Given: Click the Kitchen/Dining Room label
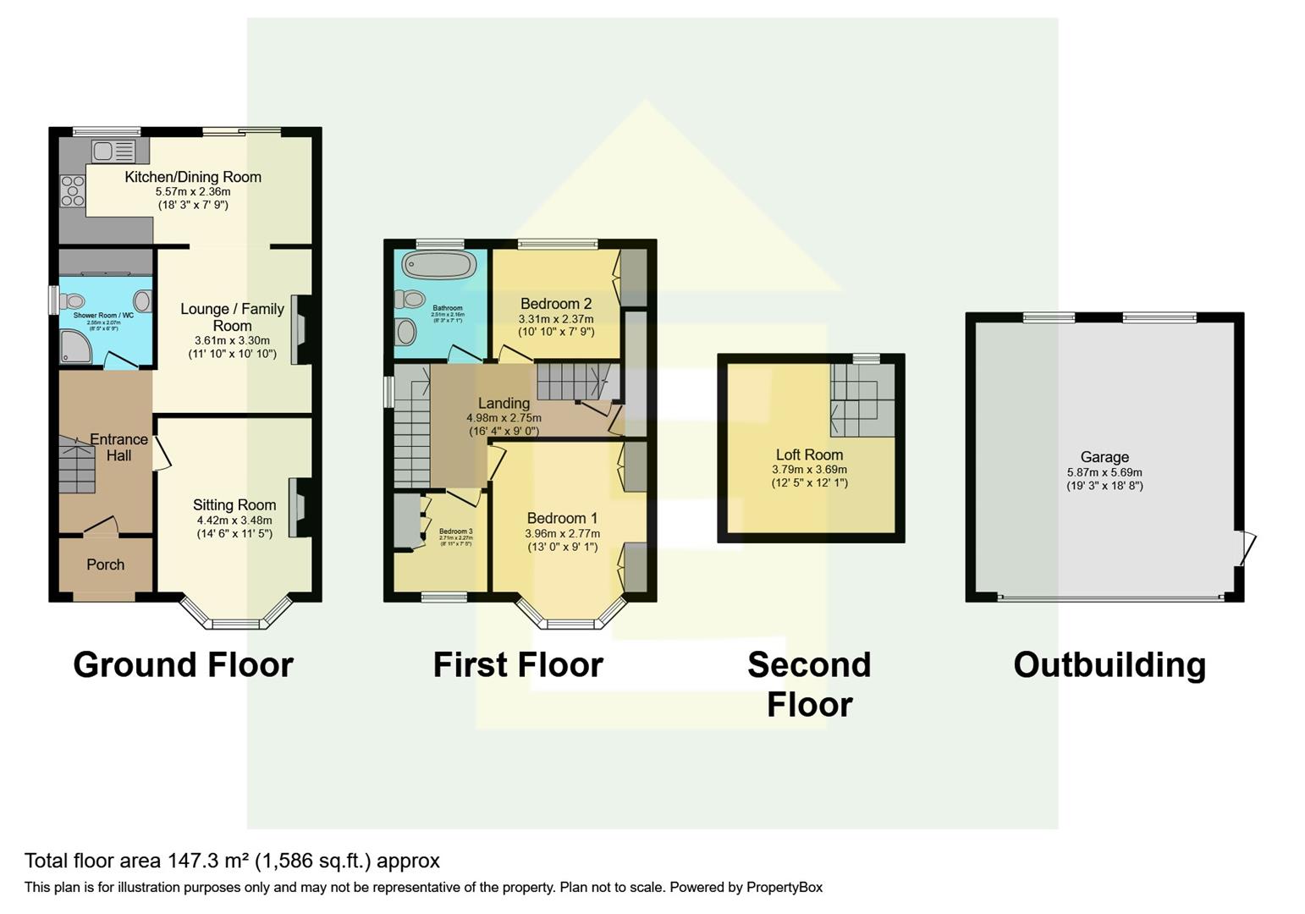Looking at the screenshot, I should (193, 177).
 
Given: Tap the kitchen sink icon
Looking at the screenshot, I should (113, 151).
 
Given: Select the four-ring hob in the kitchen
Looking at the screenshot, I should (72, 191).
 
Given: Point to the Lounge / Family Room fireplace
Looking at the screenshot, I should (300, 330).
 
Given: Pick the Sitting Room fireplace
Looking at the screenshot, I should (298, 508).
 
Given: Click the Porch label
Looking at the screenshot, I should (105, 564).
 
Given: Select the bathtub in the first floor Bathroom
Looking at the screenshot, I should (439, 265).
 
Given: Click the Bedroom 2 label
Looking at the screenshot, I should (556, 304).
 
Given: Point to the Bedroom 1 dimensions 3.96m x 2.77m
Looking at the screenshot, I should (562, 534).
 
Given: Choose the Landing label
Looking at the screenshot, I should (504, 403).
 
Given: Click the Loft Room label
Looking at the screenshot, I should (809, 454).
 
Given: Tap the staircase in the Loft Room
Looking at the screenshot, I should (862, 400).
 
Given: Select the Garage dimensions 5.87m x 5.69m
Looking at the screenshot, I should (1104, 472).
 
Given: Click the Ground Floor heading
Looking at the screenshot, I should (183, 665).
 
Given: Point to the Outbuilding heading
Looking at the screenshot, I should (1110, 665).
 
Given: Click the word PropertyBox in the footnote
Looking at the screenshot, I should (784, 888).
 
